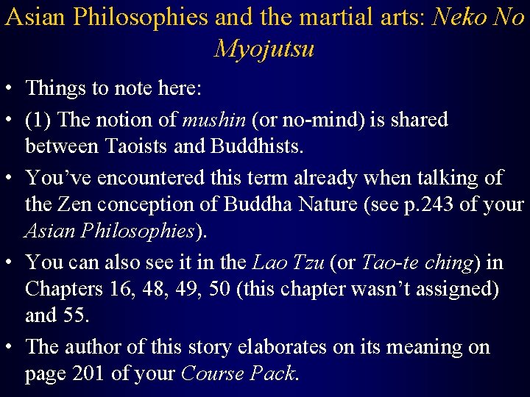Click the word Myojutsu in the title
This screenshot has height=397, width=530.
[264, 49]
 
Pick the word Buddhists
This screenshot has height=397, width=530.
[256, 146]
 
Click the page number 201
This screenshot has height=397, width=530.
[89, 373]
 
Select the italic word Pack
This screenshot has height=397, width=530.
[274, 373]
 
